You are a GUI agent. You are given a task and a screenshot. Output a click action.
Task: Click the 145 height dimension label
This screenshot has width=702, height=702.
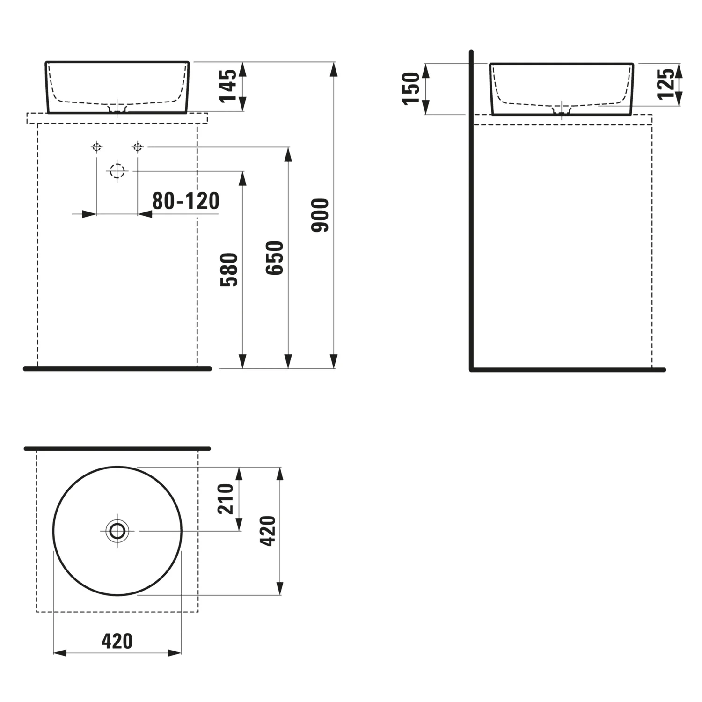(229, 86)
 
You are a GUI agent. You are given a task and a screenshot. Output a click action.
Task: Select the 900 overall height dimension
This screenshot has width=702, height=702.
(321, 215)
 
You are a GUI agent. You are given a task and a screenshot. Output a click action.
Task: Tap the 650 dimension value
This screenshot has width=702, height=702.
(275, 258)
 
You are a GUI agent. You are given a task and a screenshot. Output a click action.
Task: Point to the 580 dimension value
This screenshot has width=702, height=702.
(230, 270)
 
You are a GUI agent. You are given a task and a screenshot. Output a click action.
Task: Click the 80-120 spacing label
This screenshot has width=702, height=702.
(186, 201)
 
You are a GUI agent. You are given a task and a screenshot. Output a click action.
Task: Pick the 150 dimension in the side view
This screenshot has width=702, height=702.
(411, 88)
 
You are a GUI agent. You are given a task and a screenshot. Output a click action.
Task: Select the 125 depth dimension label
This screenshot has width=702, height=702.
(666, 84)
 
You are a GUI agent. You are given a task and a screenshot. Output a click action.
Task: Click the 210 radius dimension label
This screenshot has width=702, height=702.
(226, 499)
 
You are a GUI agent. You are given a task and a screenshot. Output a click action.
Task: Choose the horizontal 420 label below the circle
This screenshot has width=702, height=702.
(117, 641)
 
